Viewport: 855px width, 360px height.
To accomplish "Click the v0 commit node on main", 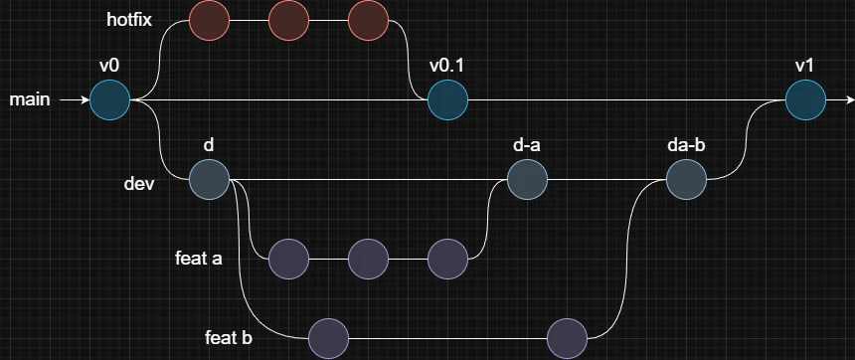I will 109,99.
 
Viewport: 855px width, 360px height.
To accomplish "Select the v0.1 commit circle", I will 447,99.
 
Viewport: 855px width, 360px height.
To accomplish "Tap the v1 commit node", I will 805,99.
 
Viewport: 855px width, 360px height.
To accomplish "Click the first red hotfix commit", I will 209,20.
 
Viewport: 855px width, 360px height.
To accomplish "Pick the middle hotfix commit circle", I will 288,20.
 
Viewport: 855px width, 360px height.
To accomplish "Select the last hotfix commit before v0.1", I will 368,20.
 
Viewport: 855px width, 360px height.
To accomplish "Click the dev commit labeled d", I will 209,180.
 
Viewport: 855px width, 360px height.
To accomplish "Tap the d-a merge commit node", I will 527,180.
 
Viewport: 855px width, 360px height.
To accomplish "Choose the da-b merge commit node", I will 686,180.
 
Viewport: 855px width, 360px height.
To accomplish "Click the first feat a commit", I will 288,260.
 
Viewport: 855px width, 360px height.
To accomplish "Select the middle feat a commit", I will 368,260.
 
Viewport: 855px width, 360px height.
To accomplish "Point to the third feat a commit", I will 447,260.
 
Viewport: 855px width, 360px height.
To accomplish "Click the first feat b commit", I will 328,338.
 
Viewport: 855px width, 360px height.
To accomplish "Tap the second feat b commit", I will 567,338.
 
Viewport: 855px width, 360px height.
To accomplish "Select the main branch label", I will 30,99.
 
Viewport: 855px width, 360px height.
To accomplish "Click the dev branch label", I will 138,184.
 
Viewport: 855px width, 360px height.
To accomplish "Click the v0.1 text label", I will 447,66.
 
